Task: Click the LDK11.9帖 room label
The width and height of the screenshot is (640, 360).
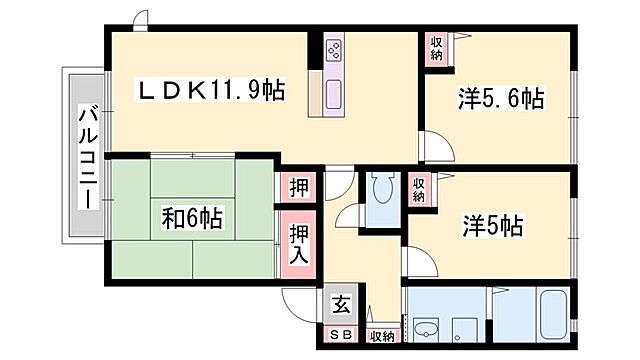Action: [211, 91]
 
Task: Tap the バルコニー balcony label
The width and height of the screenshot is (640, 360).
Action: [88, 156]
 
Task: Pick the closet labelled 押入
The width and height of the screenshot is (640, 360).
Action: [298, 245]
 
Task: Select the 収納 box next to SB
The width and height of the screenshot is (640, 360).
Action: [380, 336]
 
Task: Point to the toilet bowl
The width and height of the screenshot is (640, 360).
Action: [381, 190]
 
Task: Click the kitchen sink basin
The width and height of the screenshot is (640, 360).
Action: [333, 97]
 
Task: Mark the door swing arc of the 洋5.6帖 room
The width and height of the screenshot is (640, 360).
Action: [437, 145]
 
